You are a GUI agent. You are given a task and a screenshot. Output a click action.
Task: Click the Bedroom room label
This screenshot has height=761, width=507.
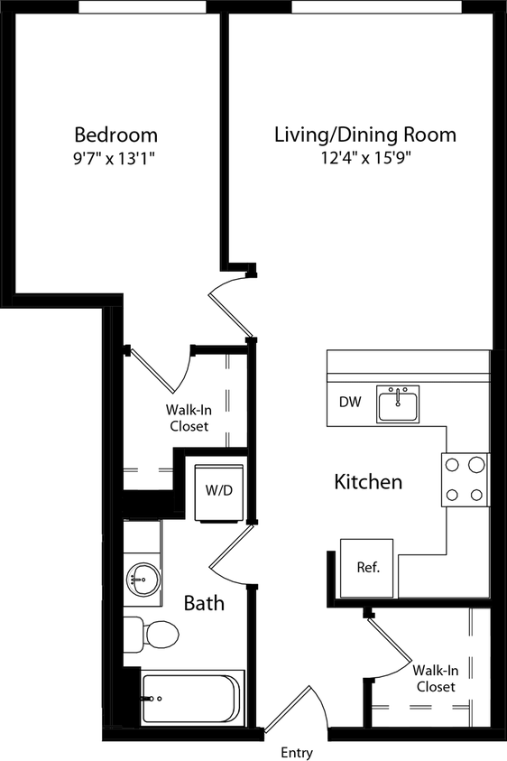(115, 135)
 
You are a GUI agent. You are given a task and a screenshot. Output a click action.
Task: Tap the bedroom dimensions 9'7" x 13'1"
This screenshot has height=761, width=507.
(115, 159)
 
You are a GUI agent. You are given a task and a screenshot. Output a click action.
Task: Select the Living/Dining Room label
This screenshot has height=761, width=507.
(365, 135)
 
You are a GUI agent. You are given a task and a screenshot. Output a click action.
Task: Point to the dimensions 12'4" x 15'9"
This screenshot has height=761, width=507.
(365, 159)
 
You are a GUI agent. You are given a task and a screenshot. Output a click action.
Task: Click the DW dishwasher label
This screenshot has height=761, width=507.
(351, 403)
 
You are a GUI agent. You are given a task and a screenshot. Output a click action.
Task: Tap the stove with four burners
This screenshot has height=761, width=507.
(464, 478)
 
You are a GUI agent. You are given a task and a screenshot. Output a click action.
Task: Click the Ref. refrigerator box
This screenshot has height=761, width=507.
(367, 568)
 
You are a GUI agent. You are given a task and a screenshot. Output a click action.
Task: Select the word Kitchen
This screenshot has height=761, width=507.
(368, 482)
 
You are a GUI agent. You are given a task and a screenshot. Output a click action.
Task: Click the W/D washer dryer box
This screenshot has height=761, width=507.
(219, 492)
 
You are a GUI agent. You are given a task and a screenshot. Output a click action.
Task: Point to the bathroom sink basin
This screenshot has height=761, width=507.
(141, 575)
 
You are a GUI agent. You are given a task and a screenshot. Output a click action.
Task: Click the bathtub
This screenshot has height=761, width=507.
(192, 697)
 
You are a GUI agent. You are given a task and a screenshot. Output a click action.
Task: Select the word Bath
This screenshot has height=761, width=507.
(204, 602)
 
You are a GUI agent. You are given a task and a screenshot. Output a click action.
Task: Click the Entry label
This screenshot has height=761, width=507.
(297, 753)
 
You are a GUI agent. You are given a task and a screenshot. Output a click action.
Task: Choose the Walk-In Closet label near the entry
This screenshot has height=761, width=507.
(436, 679)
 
